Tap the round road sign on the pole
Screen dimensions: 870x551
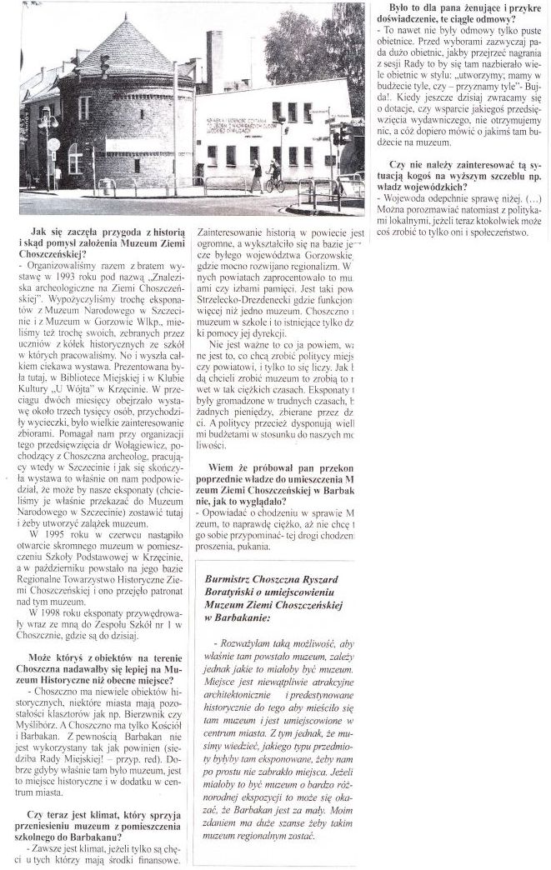click(53, 143)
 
